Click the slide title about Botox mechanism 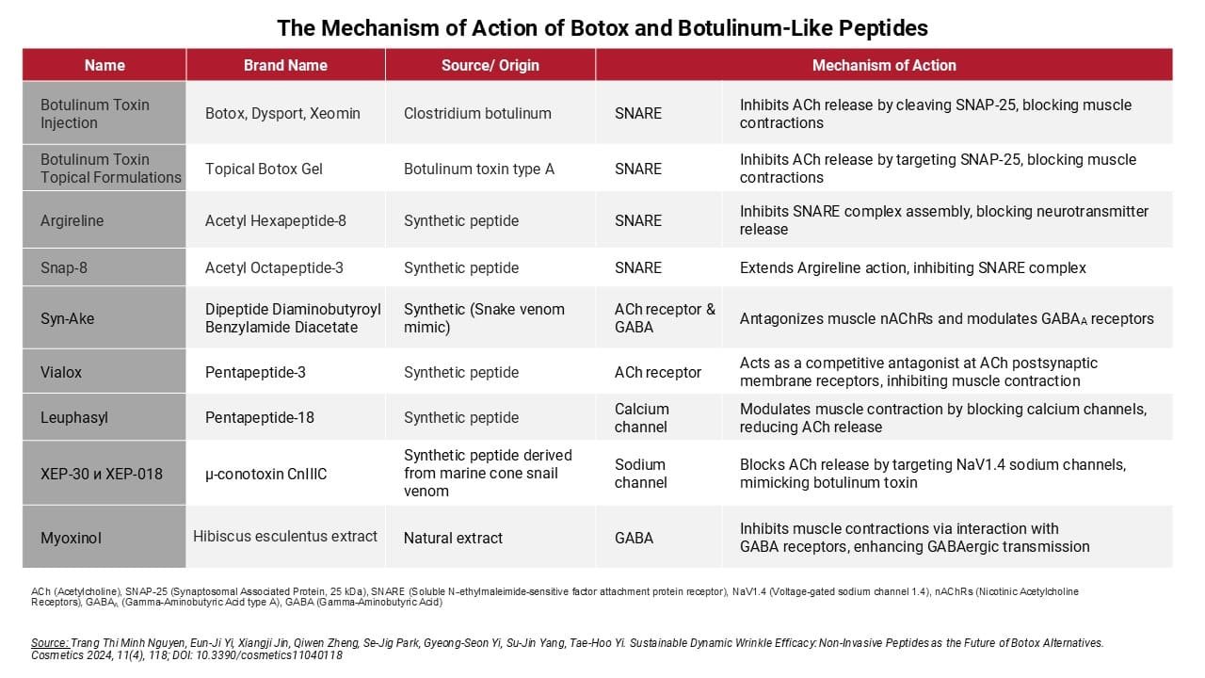tap(602, 27)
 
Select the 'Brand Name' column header tap(285, 65)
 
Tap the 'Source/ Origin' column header tap(490, 65)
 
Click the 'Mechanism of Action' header tap(884, 65)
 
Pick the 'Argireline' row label tap(72, 220)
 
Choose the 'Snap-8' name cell tap(64, 267)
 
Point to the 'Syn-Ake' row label tap(67, 318)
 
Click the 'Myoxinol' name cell tap(71, 538)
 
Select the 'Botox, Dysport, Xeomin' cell tap(282, 113)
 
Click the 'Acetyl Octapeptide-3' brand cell tap(274, 267)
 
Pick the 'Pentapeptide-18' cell tap(260, 417)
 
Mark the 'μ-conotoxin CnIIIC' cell tap(266, 474)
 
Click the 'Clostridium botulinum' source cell tap(477, 113)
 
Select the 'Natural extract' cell tap(453, 538)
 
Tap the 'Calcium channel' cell tap(642, 417)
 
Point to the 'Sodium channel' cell tap(641, 473)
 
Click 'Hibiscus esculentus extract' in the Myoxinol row tap(285, 536)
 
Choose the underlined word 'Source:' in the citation tap(50, 643)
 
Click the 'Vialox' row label tap(61, 372)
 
